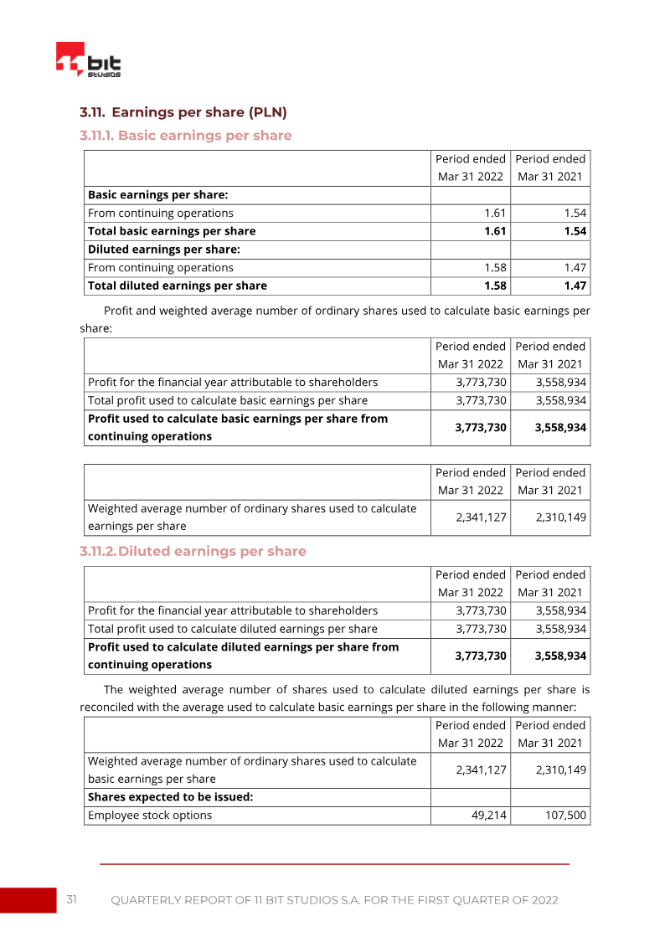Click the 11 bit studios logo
click(x=88, y=60)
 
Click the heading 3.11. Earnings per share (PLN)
click(x=183, y=112)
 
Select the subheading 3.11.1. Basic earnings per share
click(x=185, y=136)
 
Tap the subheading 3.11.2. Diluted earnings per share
click(x=193, y=551)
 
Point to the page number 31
click(x=72, y=899)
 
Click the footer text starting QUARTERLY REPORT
click(x=334, y=900)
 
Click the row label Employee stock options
click(x=150, y=815)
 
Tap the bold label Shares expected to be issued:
click(x=170, y=797)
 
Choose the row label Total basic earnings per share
click(x=172, y=231)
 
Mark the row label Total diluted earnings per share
click(x=178, y=286)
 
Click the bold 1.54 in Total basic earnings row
click(x=575, y=231)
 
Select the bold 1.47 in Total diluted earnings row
click(x=575, y=286)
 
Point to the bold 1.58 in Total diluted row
click(x=496, y=286)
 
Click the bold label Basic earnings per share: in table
click(x=158, y=195)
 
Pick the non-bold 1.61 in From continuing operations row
click(x=496, y=214)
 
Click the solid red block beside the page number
click(x=28, y=900)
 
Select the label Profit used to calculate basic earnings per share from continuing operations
click(x=238, y=427)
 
